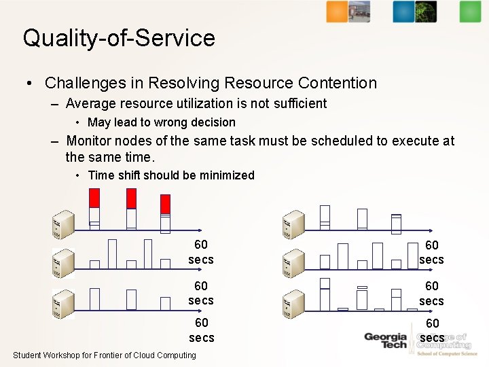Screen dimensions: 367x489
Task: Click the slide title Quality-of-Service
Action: point(119,37)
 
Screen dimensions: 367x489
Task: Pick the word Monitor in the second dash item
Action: point(89,141)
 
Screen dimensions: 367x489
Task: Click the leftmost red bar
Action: point(94,198)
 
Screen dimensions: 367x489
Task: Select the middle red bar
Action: point(131,198)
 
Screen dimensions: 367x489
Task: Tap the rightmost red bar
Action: point(165,204)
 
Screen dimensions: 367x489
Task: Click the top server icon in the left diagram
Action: point(64,226)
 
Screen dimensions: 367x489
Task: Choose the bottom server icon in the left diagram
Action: point(64,303)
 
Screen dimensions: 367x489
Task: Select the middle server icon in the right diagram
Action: point(293,263)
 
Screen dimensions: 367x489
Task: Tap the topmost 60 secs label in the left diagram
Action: point(201,252)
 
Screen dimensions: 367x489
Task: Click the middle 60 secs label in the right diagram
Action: point(431,294)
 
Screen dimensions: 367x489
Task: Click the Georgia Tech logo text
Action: point(385,340)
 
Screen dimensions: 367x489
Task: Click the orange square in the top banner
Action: point(337,12)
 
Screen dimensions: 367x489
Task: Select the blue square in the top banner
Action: point(403,12)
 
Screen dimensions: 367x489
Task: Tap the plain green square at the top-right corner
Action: point(469,12)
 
